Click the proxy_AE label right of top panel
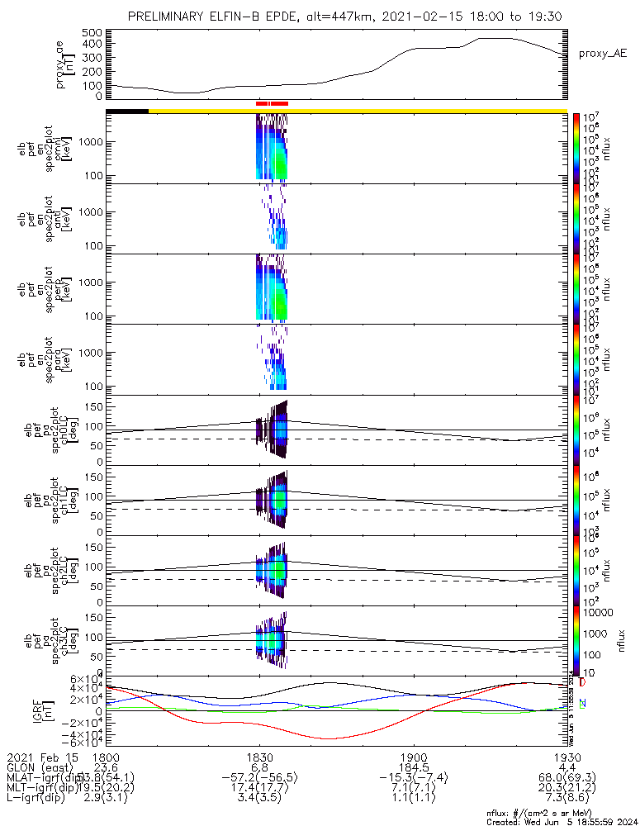[603, 54]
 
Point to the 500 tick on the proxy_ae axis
[92, 33]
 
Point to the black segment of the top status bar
[127, 110]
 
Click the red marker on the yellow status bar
[272, 104]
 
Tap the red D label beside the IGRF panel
[583, 683]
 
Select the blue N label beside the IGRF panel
[583, 703]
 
